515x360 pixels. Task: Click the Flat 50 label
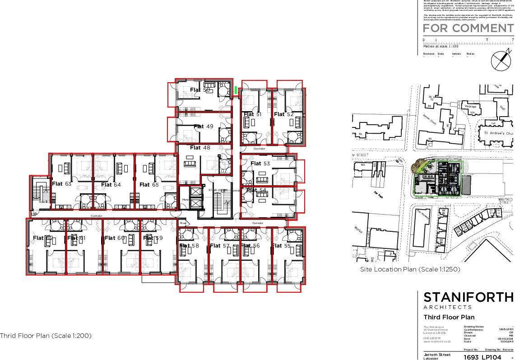[200, 90]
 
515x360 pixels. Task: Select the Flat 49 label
[204, 126]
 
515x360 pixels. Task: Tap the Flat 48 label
[200, 148]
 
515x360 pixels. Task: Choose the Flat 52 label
[284, 115]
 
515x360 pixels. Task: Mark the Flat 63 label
[62, 184]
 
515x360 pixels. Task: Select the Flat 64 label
[111, 185]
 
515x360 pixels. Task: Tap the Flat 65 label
[149, 185]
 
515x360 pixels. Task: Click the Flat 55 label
[282, 246]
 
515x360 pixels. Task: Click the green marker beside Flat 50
[236, 90]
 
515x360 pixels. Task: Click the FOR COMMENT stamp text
[468, 28]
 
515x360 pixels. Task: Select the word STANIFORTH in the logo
[468, 297]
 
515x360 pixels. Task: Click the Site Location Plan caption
[410, 269]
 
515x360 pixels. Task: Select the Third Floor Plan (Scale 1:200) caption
[46, 336]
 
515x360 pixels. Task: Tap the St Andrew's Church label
[498, 133]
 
